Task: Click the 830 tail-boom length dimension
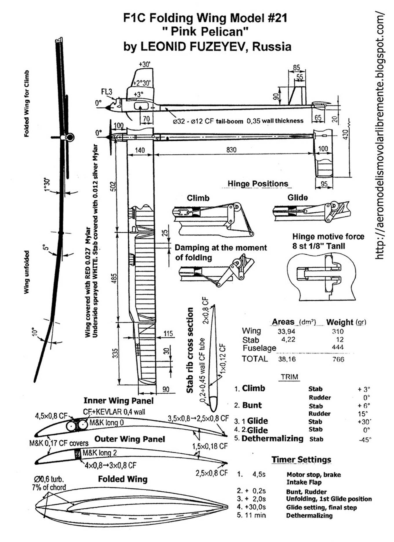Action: click(x=231, y=150)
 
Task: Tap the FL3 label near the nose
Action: click(x=107, y=92)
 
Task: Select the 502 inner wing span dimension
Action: click(x=114, y=186)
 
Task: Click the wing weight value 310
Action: click(x=338, y=331)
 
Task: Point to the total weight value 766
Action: click(x=338, y=359)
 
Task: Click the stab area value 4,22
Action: click(x=288, y=339)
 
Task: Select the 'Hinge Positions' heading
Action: click(x=258, y=184)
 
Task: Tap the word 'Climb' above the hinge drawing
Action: click(x=198, y=198)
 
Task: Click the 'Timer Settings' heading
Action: click(x=301, y=459)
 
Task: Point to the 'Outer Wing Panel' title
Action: click(x=129, y=439)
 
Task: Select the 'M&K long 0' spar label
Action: click(x=106, y=423)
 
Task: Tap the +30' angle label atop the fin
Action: click(x=144, y=64)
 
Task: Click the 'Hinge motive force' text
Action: click(x=328, y=237)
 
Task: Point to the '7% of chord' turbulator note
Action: click(x=49, y=488)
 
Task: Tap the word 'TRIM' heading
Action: click(x=289, y=377)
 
